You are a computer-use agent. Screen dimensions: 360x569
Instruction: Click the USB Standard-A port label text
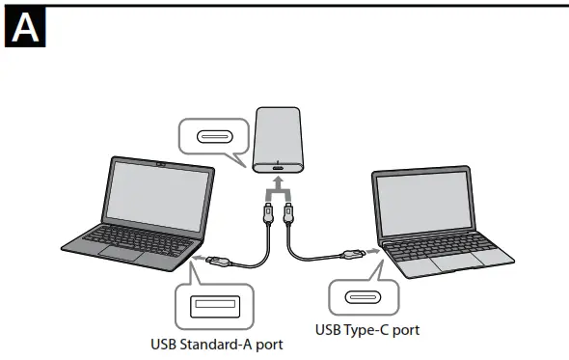click(217, 343)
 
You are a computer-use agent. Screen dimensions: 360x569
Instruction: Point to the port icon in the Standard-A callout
click(214, 307)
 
